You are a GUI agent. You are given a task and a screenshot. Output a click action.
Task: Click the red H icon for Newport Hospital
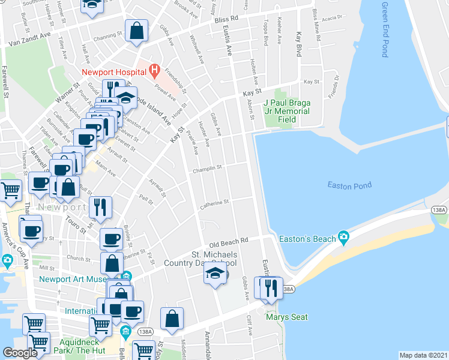pos(154,72)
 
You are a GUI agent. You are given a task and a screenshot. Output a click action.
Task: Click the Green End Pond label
pos(385,29)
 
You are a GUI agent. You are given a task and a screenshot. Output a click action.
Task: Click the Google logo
pos(20,353)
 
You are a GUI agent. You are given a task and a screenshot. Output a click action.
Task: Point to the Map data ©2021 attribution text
pos(423,355)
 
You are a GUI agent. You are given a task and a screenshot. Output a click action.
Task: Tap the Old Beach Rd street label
pos(229,241)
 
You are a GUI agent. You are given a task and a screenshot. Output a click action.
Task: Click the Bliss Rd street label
pos(226,19)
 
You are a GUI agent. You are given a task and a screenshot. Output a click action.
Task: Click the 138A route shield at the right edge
pos(439,209)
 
